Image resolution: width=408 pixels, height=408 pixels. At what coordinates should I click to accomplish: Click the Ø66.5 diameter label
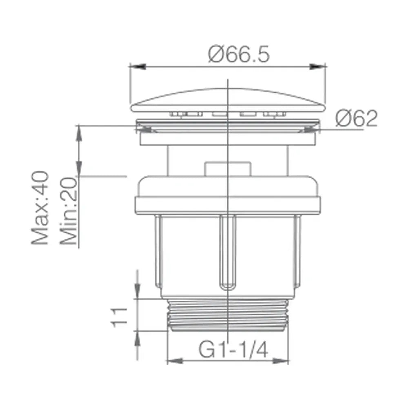239,54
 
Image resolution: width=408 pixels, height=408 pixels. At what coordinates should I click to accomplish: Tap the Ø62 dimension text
356,118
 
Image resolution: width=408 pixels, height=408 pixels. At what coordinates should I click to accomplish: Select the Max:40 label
40,208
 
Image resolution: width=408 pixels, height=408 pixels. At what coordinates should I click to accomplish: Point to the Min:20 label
69,211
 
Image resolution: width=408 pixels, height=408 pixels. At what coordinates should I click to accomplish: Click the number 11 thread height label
119,317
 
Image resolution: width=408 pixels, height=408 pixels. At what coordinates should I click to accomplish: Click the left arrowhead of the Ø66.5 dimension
137,67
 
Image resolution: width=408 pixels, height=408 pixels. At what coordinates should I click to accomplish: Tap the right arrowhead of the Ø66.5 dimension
318,67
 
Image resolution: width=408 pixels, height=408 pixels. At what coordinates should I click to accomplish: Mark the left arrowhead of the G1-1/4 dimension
175,361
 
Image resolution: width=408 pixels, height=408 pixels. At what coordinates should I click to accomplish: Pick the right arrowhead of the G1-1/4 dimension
281,361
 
